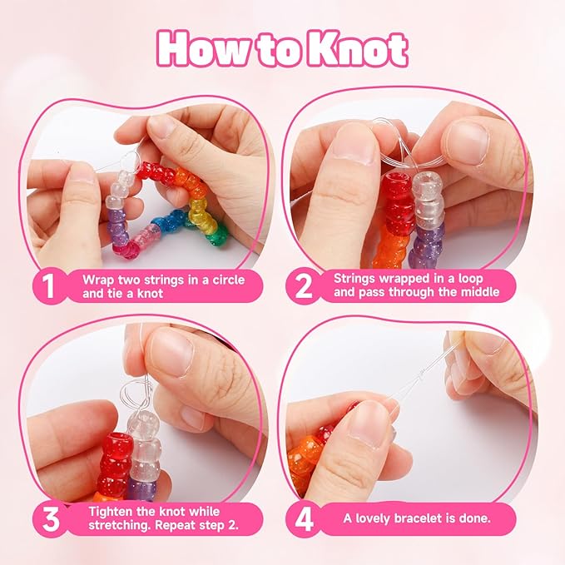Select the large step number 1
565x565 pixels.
pos(48,286)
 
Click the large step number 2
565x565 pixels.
pos(304,286)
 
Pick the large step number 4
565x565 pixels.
pos(304,519)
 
